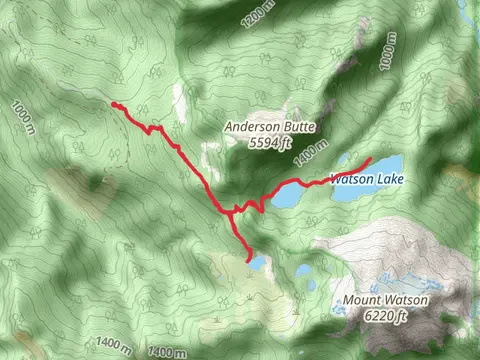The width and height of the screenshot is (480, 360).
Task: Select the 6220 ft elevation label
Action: (x=386, y=317)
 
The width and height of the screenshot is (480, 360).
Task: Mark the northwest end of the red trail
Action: (x=114, y=104)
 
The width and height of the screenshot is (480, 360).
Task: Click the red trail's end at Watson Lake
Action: (x=371, y=160)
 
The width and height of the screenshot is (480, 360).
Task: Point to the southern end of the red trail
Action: (x=248, y=258)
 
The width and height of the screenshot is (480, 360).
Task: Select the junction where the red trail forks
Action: (x=232, y=211)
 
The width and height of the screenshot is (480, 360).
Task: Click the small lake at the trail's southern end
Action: (x=259, y=263)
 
